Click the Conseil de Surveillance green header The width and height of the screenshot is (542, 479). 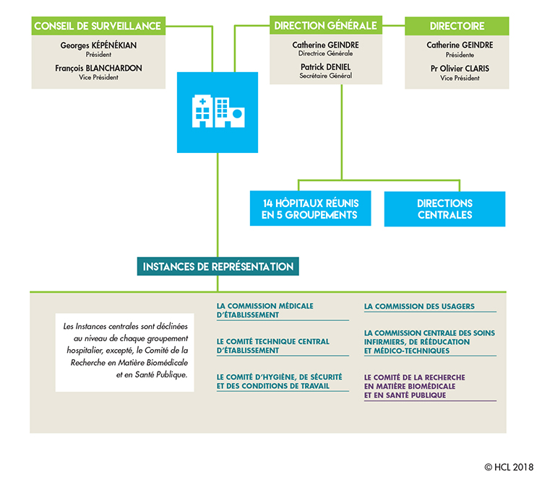click(97, 26)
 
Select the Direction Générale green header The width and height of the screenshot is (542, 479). click(325, 26)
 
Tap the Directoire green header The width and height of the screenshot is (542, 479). click(457, 26)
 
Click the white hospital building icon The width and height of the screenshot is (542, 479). click(217, 112)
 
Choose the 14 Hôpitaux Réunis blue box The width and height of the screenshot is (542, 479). click(310, 208)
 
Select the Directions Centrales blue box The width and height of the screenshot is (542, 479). click(444, 208)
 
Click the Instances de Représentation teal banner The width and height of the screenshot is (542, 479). click(218, 266)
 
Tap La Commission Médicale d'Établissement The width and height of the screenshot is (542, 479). click(265, 310)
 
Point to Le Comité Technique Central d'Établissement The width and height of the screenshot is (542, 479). click(272, 346)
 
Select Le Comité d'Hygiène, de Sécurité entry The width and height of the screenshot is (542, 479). click(279, 381)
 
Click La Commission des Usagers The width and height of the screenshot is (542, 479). click(419, 307)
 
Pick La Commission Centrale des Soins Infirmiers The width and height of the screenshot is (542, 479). click(429, 341)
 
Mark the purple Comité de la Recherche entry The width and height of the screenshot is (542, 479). click(415, 386)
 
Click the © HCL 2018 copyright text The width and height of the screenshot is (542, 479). click(509, 467)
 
